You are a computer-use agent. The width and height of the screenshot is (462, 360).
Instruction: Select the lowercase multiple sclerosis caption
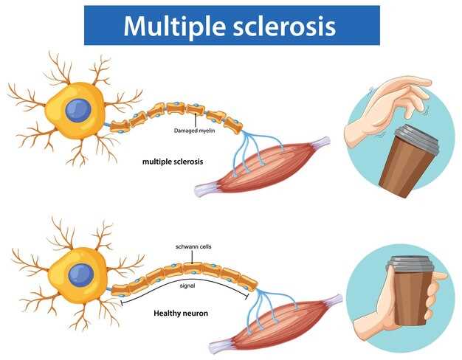(173, 160)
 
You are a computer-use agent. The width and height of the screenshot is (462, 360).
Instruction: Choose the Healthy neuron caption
(181, 313)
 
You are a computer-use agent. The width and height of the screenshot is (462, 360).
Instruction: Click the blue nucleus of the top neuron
(77, 111)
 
